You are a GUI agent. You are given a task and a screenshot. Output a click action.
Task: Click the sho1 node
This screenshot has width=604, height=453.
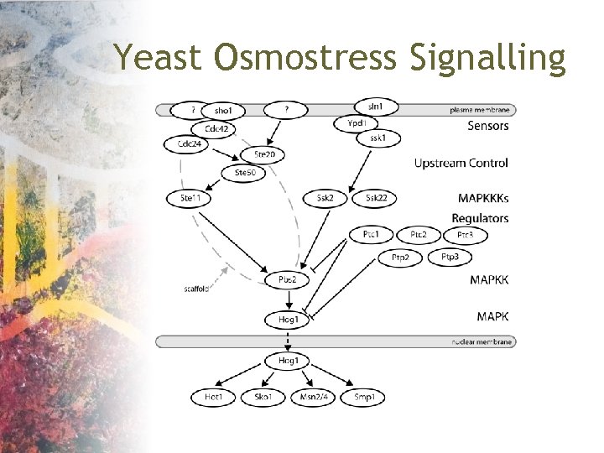tap(223, 110)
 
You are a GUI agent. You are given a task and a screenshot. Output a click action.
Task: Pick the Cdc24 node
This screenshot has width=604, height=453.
tap(189, 144)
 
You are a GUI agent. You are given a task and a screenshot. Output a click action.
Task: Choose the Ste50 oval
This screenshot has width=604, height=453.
tap(244, 174)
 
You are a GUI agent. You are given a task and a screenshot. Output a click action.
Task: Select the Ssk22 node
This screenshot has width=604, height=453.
tap(376, 199)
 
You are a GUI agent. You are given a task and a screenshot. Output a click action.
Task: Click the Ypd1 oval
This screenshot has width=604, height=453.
tap(357, 124)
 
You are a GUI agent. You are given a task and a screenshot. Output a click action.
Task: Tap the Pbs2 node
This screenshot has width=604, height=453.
tap(286, 279)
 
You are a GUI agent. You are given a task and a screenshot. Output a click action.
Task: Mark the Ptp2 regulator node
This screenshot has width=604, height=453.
tap(401, 257)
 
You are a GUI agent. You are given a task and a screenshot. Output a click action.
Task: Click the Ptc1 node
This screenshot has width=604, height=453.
tap(371, 235)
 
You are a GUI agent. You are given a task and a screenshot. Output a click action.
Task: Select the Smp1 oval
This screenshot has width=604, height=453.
tap(365, 396)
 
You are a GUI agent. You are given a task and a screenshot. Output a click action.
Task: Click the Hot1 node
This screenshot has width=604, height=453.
tap(214, 396)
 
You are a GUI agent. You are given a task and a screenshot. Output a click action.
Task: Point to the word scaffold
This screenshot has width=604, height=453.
tap(197, 289)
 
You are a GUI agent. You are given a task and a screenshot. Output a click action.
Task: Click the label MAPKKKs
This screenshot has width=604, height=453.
tap(483, 199)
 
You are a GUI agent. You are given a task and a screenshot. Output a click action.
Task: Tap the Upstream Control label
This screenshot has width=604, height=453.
tap(461, 163)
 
